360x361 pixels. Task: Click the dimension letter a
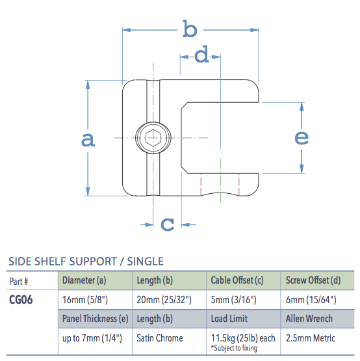pyautogui.click(x=88, y=139)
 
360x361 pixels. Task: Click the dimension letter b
pyautogui.click(x=189, y=29)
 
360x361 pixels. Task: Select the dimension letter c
pyautogui.click(x=168, y=224)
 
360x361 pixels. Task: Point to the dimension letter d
pyautogui.click(x=202, y=56)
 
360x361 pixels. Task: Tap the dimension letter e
pyautogui.click(x=302, y=137)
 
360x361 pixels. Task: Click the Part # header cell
pyautogui.click(x=19, y=281)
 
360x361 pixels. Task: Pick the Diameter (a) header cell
pyautogui.click(x=84, y=281)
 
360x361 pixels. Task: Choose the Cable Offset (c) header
pyautogui.click(x=237, y=281)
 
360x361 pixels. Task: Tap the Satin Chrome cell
pyautogui.click(x=160, y=338)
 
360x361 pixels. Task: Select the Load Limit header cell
pyautogui.click(x=229, y=319)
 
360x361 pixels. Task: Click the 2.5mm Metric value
pyautogui.click(x=310, y=338)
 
